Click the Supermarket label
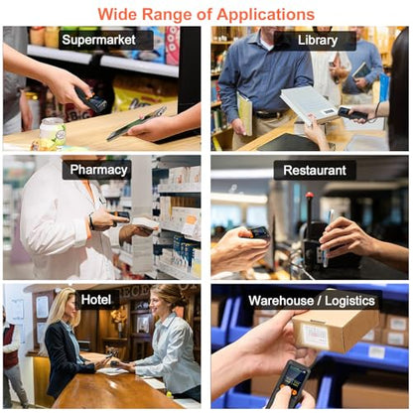(x=98, y=40)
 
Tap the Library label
(x=318, y=41)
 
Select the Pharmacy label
(x=98, y=170)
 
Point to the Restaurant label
(x=315, y=170)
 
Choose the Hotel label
(x=96, y=300)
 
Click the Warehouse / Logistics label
(x=312, y=301)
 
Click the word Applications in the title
(x=266, y=15)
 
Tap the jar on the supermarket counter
(x=53, y=132)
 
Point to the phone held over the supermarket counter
(x=137, y=123)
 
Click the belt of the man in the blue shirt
(x=272, y=114)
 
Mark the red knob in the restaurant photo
(x=310, y=195)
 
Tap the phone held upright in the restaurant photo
(x=328, y=238)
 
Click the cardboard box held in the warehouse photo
(x=335, y=331)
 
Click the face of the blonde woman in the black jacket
(x=68, y=307)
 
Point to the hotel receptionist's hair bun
(x=174, y=293)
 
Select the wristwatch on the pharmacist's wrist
(x=91, y=222)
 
